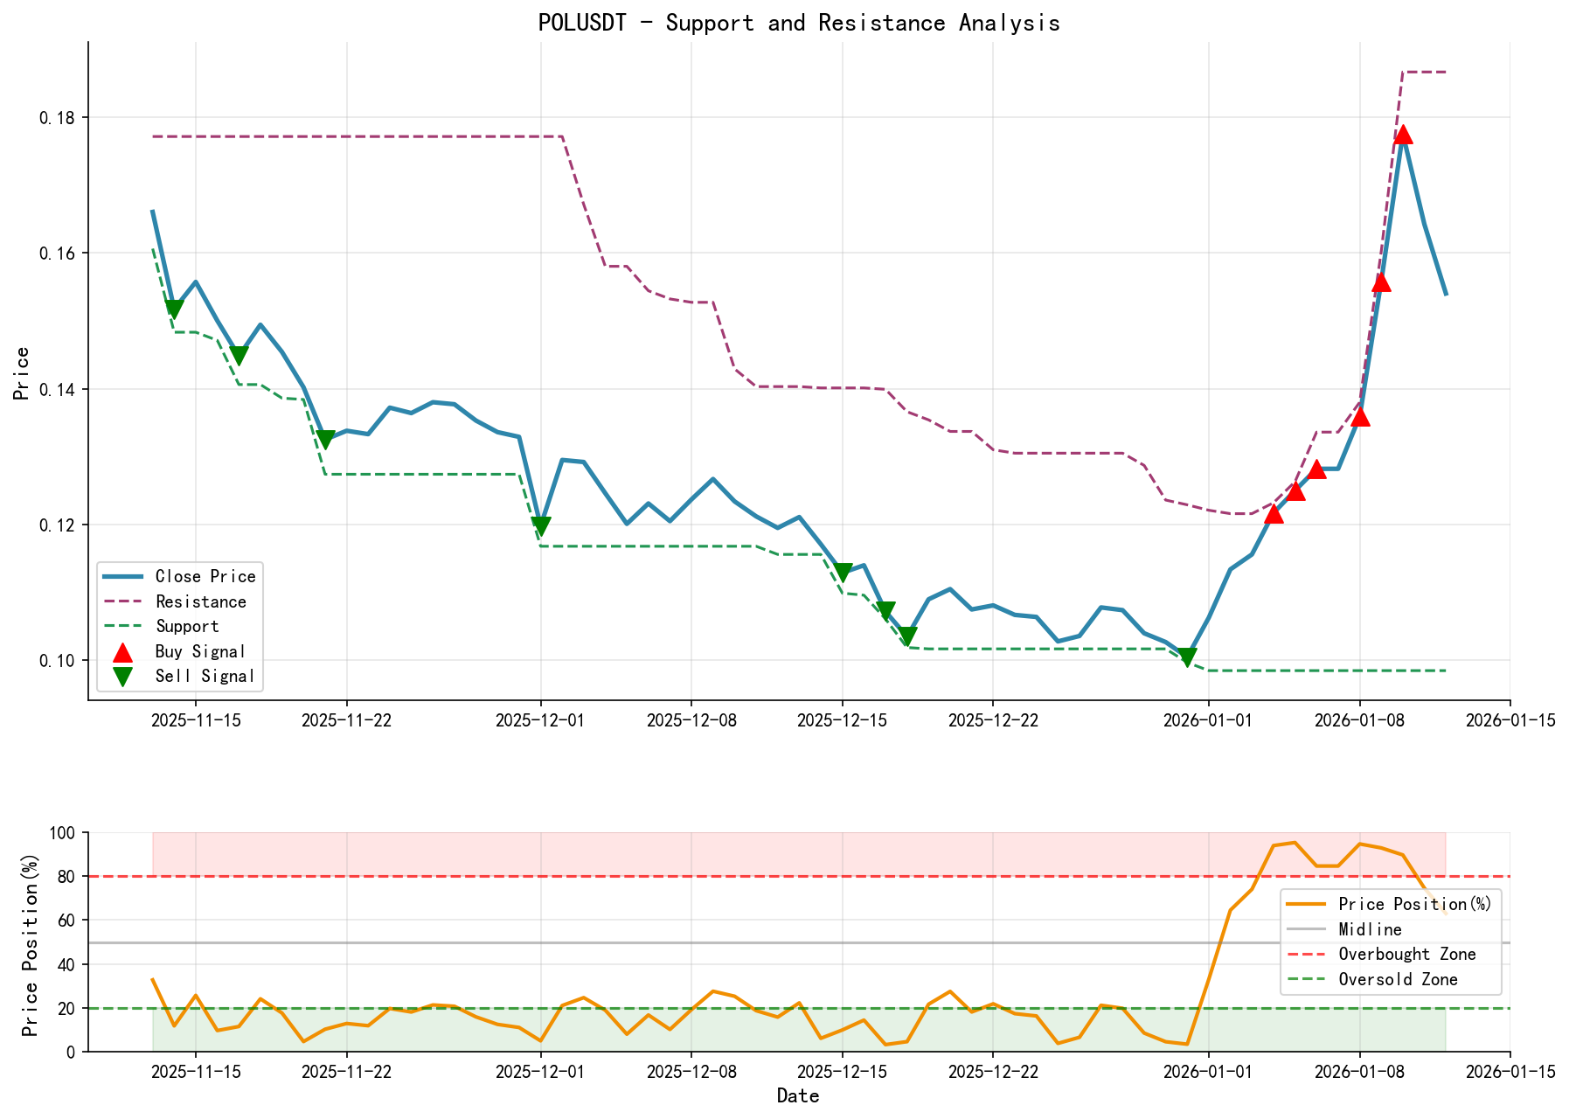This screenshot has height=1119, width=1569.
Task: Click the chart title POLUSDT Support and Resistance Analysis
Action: point(799,23)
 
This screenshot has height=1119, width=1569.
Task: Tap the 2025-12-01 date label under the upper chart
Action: point(540,719)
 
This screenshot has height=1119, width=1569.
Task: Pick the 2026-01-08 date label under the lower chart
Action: point(1359,1071)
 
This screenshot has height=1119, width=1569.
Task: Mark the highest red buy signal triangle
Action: point(1403,135)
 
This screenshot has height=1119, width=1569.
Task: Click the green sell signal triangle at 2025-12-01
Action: point(540,526)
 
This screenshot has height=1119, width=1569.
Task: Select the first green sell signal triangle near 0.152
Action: point(174,309)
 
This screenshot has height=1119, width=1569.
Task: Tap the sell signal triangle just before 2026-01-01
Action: point(1186,657)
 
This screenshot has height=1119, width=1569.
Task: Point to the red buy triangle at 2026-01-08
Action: point(1360,417)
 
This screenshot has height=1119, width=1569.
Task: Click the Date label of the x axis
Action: point(798,1095)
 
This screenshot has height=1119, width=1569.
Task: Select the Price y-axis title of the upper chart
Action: point(23,372)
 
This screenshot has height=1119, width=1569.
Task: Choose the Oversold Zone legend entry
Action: point(1398,979)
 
